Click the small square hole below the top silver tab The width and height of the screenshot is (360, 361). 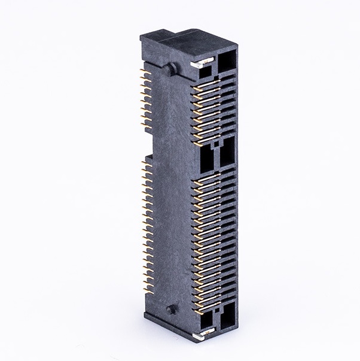pyautogui.click(x=205, y=72)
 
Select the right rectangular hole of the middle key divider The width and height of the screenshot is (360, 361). pyautogui.click(x=228, y=154)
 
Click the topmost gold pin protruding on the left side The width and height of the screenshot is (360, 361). pyautogui.click(x=144, y=71)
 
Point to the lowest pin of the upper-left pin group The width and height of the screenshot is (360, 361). pyautogui.click(x=144, y=126)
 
